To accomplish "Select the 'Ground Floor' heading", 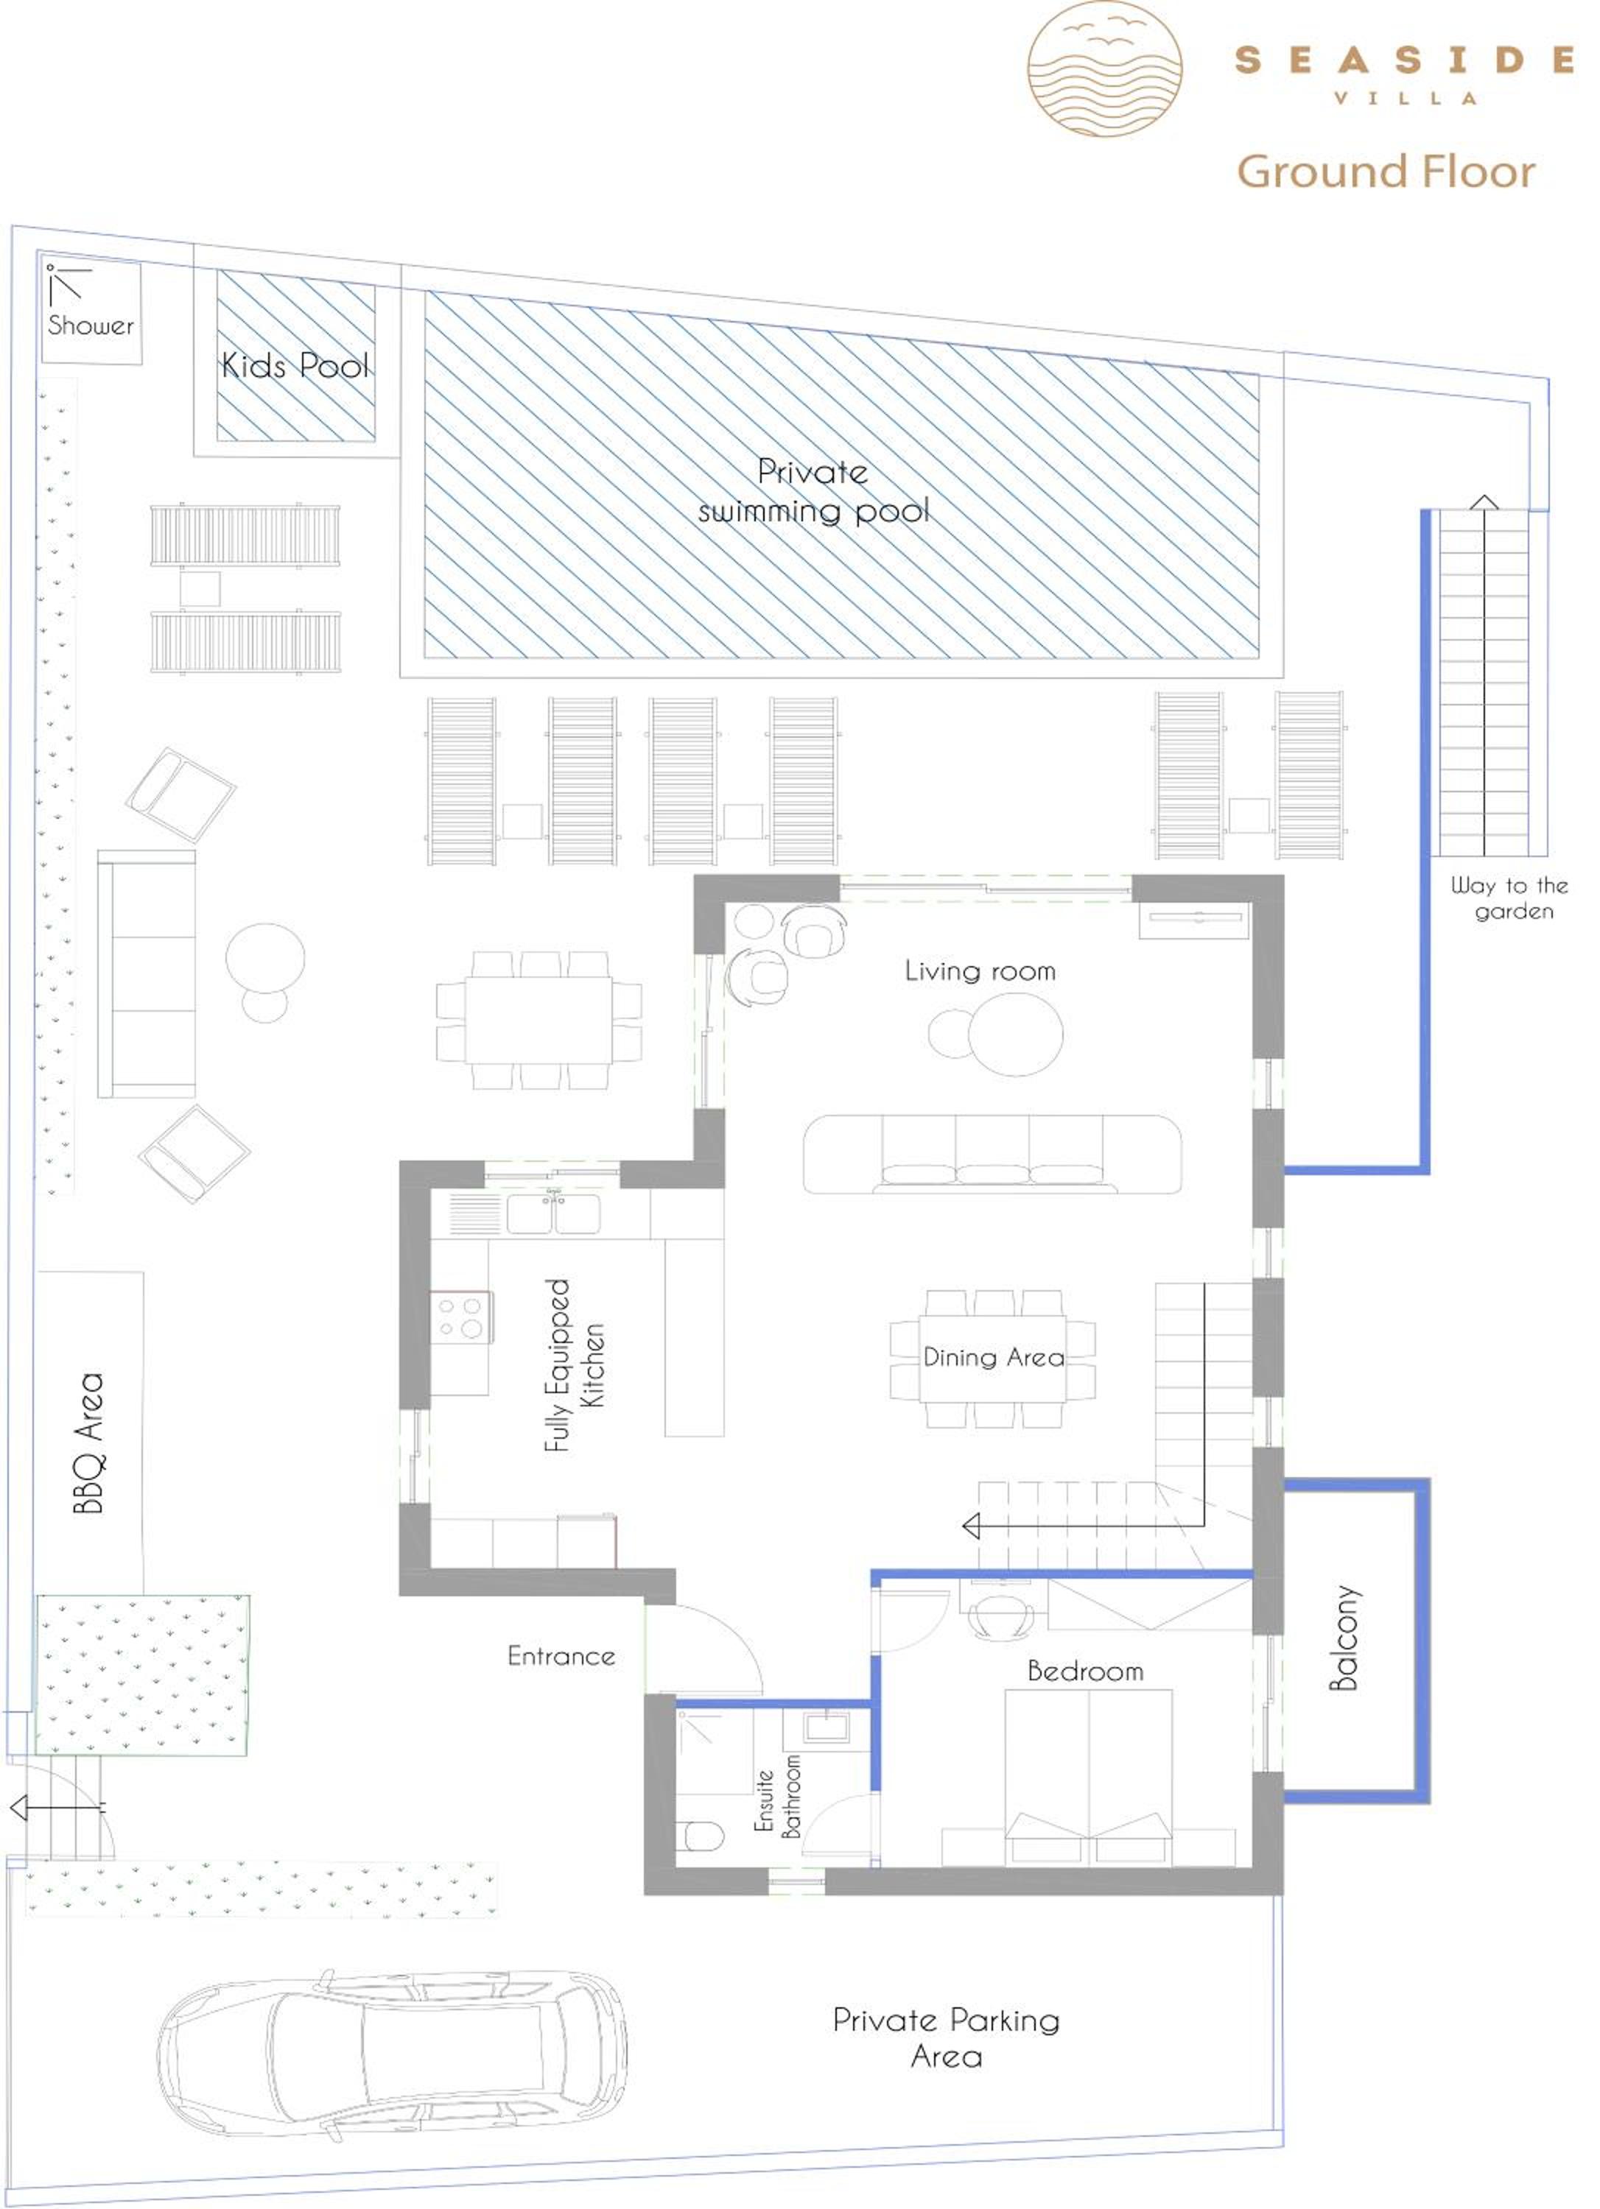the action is (1386, 172).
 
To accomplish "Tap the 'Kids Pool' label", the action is (295, 365).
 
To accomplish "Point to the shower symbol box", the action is (91, 313).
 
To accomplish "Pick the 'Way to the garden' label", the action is (1509, 898).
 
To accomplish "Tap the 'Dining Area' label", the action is (994, 1358).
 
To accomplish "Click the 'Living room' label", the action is (980, 971).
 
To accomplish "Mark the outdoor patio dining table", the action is (538, 1020).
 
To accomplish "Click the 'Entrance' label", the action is (561, 1656).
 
